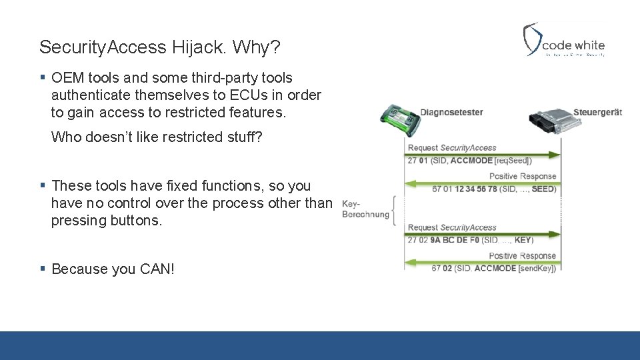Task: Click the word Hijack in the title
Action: click(198, 47)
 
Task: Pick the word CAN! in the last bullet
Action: click(157, 269)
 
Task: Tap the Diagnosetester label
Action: click(451, 113)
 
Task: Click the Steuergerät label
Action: click(597, 113)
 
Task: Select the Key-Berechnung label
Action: click(365, 209)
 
